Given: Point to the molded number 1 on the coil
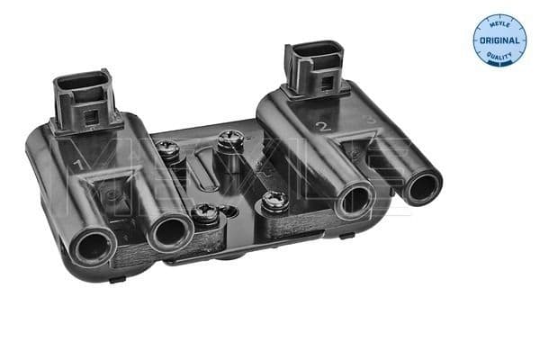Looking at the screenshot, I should [x=78, y=166].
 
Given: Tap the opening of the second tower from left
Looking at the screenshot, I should [x=168, y=232].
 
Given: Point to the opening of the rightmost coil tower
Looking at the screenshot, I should [x=421, y=188].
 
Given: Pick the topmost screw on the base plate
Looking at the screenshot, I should [x=228, y=140].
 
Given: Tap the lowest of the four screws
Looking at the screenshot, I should [x=204, y=214].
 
